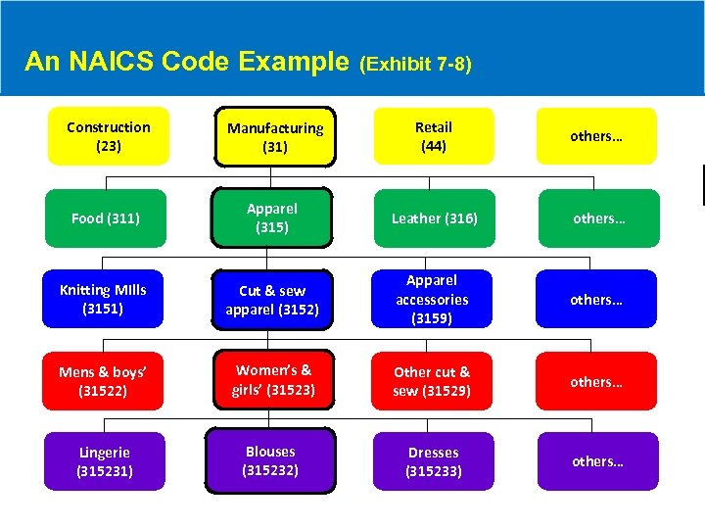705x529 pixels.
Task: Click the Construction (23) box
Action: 109,136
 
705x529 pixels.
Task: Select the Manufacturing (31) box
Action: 275,137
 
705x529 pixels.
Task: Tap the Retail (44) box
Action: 434,136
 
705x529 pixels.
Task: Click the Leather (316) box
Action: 435,218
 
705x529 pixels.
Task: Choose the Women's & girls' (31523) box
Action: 272,381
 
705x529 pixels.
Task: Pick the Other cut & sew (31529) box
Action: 432,381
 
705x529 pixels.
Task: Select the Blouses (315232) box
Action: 271,460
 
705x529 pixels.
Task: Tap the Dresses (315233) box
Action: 434,461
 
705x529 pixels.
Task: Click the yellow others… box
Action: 596,136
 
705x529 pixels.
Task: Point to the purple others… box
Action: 597,461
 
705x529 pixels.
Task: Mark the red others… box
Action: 597,381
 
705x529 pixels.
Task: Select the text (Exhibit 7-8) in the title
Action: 415,65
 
